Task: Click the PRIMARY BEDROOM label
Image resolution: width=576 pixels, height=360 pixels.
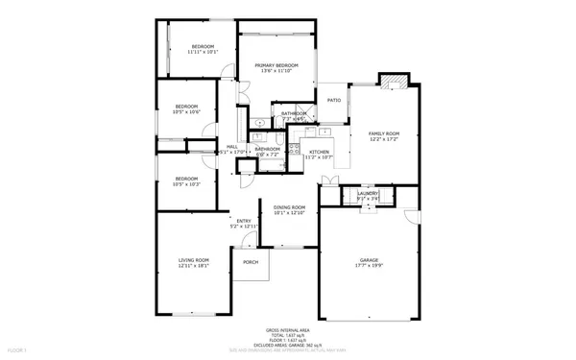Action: point(276,65)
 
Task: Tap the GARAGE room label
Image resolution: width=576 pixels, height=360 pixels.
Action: point(370,260)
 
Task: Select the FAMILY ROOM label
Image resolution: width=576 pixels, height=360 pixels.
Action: point(384,133)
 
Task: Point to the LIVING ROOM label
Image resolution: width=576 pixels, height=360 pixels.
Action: point(193,260)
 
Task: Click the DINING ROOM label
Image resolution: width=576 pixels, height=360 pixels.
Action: point(289,207)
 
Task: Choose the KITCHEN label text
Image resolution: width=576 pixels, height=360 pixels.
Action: point(319,152)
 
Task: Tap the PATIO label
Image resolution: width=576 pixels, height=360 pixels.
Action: point(334,100)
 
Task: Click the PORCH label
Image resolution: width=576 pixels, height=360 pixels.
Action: point(250,262)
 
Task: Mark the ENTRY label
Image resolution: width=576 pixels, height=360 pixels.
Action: point(244,222)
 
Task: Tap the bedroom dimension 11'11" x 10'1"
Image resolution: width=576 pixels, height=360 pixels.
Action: point(203,52)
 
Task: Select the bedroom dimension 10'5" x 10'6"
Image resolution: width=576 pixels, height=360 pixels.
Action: point(186,111)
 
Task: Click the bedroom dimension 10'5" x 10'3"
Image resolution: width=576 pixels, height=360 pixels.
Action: point(186,183)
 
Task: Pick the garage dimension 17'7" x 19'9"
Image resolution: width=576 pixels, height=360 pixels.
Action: point(370,266)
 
